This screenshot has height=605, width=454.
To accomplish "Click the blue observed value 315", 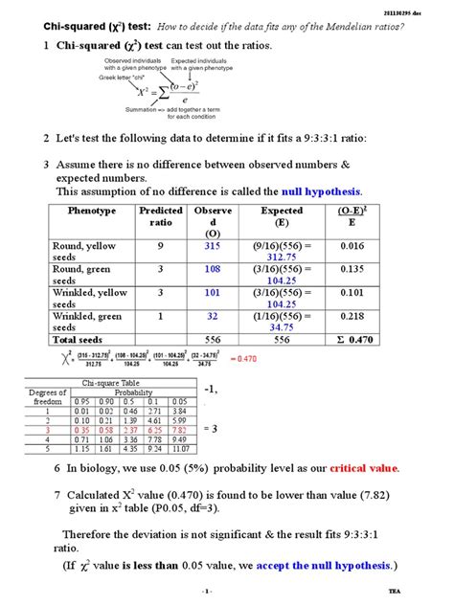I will tap(212, 246).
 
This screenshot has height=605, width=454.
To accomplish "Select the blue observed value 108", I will tap(212, 269).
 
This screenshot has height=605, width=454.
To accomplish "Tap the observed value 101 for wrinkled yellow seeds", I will tap(212, 292).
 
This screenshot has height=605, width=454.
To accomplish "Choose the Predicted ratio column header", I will tap(160, 216).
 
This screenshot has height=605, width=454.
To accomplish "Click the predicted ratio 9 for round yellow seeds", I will tap(160, 246).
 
